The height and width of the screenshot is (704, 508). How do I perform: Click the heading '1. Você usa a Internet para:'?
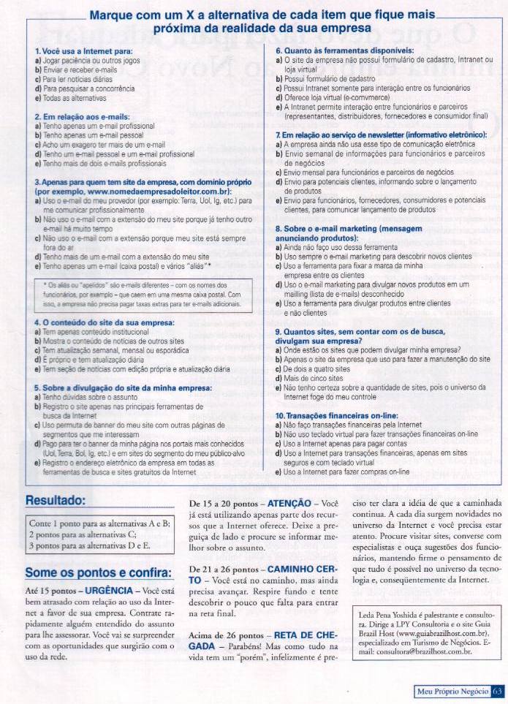coord(83,50)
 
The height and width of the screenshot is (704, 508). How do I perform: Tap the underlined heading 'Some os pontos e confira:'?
coord(98,572)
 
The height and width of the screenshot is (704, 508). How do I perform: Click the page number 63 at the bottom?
coord(497,691)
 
